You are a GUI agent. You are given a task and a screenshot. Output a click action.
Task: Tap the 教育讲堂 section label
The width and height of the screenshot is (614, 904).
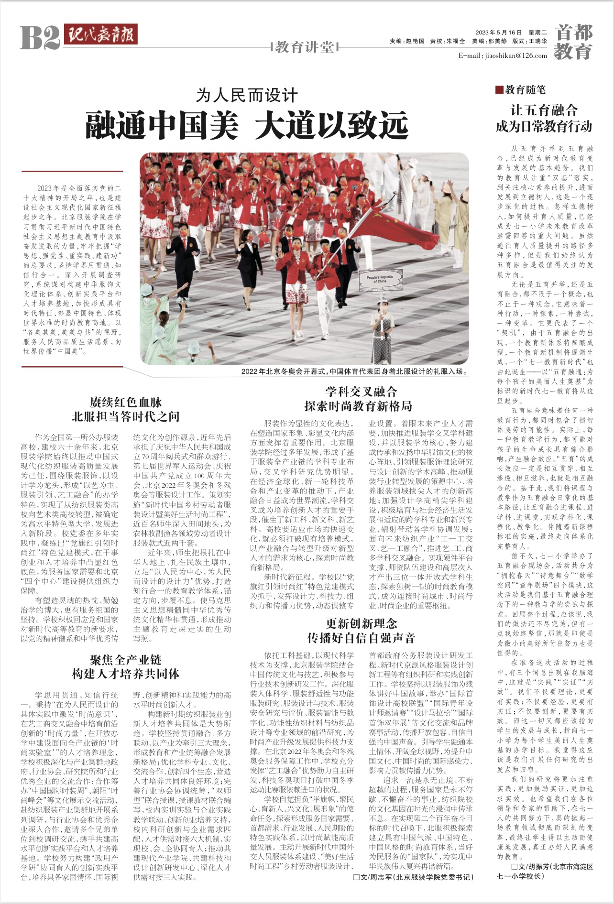tap(305, 47)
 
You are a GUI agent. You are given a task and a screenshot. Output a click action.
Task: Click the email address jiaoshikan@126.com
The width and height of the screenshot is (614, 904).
tap(502, 55)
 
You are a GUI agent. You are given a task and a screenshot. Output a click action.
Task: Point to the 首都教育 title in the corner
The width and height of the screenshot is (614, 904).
tap(573, 42)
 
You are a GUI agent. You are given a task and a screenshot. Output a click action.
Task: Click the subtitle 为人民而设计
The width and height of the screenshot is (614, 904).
tap(247, 96)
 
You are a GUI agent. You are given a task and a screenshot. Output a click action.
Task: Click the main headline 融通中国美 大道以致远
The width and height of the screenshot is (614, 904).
tap(247, 125)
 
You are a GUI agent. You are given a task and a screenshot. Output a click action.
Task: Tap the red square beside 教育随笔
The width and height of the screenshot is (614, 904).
tap(499, 89)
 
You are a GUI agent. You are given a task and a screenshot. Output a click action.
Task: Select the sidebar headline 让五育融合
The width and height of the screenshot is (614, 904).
tap(544, 110)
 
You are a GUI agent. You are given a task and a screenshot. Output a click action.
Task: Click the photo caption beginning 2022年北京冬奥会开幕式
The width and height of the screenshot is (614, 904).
tap(354, 371)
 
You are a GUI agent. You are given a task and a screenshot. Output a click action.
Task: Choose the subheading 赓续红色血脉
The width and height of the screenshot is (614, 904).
tap(126, 402)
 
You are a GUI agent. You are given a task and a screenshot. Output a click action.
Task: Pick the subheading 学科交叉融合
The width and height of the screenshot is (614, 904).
tap(361, 392)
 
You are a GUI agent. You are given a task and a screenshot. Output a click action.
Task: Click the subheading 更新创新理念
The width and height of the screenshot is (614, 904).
tap(361, 623)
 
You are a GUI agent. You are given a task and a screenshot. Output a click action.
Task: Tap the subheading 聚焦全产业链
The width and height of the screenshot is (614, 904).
tap(126, 660)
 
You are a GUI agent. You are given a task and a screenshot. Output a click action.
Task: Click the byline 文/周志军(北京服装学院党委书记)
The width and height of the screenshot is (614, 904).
tap(414, 877)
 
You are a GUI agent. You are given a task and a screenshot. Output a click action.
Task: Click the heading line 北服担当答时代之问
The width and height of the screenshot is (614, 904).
tap(126, 416)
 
